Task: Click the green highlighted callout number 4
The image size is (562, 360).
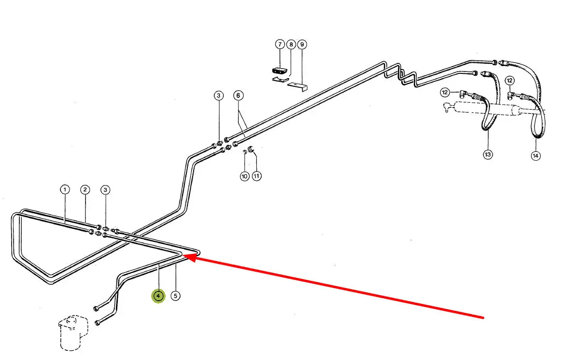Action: tap(158, 296)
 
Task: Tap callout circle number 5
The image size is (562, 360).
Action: tap(176, 296)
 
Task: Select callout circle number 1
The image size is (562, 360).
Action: tap(65, 189)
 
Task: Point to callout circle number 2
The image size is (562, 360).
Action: tap(85, 189)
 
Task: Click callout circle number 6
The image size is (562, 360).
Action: tap(238, 96)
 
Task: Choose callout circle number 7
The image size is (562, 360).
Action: tap(280, 44)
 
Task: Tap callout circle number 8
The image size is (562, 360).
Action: tap(291, 44)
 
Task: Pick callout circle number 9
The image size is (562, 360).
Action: tap(302, 44)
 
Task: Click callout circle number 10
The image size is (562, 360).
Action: tap(244, 177)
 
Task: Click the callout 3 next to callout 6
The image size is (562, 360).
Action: tap(219, 96)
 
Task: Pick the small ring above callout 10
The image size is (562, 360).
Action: tap(245, 152)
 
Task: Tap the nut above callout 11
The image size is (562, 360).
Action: tap(251, 148)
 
